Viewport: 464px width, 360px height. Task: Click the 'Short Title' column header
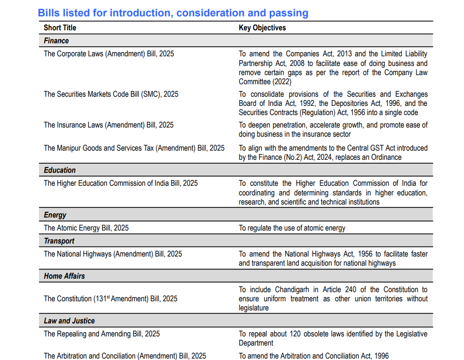point(60,28)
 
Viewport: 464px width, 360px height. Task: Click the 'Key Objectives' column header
point(262,28)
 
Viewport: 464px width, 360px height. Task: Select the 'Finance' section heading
point(56,41)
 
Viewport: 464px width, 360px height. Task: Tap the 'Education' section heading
point(60,170)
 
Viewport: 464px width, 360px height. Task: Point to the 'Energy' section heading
point(55,215)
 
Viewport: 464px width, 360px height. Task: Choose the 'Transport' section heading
point(59,241)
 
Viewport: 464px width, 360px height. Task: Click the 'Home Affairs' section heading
point(64,276)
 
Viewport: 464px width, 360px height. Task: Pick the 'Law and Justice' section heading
point(69,321)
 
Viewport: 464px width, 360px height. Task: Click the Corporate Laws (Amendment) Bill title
point(109,54)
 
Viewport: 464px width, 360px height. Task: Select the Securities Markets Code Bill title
point(111,94)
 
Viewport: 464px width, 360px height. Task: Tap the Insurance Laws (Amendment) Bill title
point(109,125)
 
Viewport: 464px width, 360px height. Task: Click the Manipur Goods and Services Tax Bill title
point(134,148)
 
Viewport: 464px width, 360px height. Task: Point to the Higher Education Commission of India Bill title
point(121,183)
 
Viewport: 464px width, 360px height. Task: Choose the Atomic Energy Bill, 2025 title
point(86,228)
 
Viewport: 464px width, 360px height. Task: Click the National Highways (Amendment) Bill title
point(113,254)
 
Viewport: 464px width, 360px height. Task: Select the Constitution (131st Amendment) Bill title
point(111,299)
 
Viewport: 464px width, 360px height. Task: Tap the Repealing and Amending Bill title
point(102,334)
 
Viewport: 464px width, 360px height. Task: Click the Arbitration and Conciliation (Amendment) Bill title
point(125,356)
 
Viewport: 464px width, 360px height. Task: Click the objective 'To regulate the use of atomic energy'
point(292,228)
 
